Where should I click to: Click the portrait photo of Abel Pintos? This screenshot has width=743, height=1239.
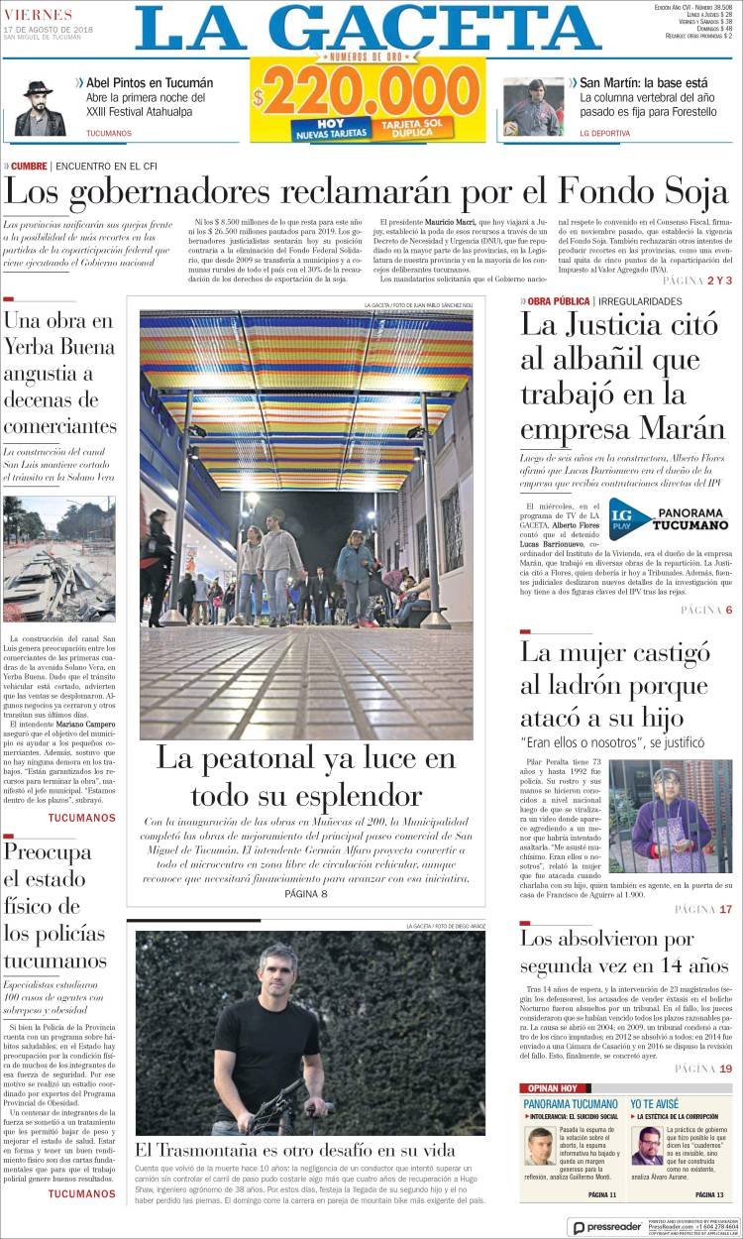(x=41, y=107)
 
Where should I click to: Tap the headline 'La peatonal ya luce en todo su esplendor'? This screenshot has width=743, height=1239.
(x=305, y=776)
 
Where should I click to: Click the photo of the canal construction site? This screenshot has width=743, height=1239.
(x=58, y=558)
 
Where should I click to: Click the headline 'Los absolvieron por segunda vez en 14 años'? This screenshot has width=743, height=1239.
(x=624, y=951)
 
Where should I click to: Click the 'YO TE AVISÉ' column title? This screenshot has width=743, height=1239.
(x=655, y=1103)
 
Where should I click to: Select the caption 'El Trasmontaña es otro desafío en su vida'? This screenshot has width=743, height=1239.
(x=295, y=1150)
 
